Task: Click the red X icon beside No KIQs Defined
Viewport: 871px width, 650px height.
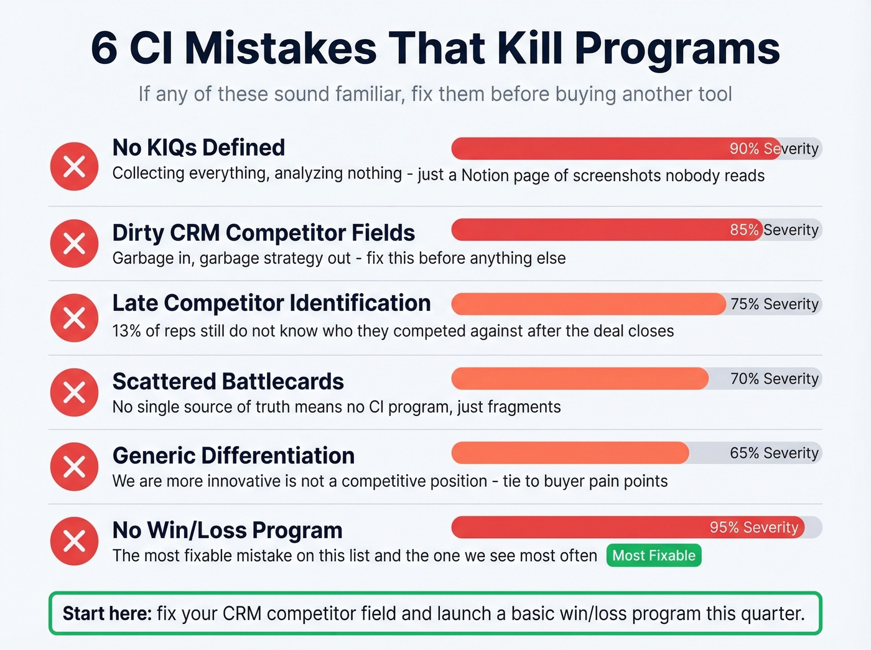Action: click(74, 166)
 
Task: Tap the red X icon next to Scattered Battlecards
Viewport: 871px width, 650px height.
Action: click(74, 392)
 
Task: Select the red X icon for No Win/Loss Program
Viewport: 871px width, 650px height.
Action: click(74, 541)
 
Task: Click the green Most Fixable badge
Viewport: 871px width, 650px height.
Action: click(654, 555)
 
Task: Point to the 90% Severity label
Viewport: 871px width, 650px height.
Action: click(773, 149)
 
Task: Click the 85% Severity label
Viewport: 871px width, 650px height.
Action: click(773, 230)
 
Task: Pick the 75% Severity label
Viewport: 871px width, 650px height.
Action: click(774, 304)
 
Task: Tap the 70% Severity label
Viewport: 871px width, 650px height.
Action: click(774, 379)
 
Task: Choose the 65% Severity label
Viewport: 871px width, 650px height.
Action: click(774, 453)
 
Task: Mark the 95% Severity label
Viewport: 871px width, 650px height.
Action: click(753, 527)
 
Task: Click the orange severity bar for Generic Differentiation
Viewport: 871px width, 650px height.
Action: click(569, 453)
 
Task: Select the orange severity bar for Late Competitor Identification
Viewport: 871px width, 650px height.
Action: click(588, 304)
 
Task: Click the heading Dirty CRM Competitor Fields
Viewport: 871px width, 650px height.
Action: click(263, 233)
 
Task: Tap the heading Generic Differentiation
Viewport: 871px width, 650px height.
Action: click(233, 455)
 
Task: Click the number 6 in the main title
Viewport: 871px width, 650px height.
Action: click(104, 48)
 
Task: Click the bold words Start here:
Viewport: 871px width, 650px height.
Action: click(107, 613)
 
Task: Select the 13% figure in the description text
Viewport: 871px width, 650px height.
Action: click(126, 331)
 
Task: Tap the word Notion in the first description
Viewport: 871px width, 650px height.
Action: click(485, 175)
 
